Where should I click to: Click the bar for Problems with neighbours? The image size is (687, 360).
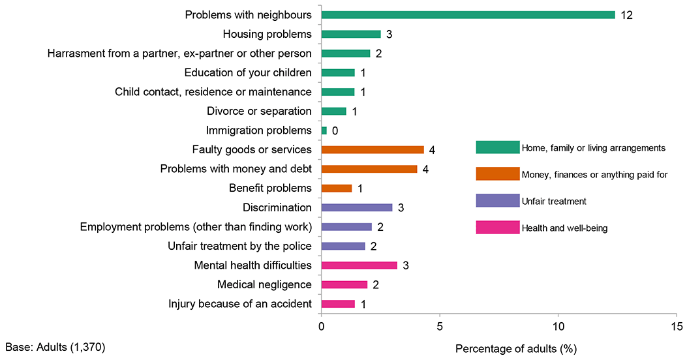pos(468,14)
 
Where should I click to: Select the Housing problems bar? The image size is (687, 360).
pos(351,34)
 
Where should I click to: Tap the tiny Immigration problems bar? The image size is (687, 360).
pos(324,130)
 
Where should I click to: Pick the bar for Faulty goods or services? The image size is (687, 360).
pos(373,150)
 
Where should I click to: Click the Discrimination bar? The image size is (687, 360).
pos(357,207)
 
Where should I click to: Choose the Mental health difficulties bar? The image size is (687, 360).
pos(359,265)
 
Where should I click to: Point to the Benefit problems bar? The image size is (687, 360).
pos(337,188)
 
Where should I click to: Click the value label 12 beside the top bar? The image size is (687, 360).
pos(627,14)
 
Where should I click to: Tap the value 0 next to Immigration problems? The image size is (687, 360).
pos(335,131)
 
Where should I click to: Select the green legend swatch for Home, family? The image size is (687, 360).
pos(498,147)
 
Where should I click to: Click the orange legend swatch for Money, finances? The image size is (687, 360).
pos(498,174)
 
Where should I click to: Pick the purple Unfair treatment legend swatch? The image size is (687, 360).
pos(498,202)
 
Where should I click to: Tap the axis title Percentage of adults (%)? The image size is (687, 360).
pos(516,348)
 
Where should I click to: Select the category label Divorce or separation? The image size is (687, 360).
pos(259,112)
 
